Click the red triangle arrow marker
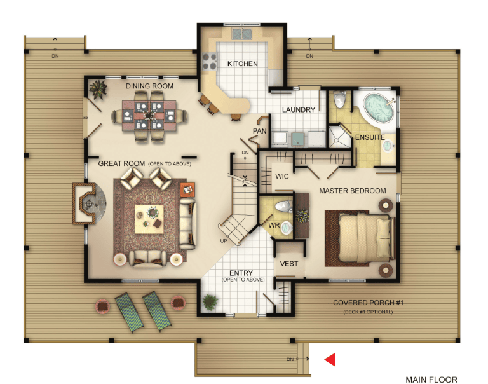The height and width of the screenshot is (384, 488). [331, 359]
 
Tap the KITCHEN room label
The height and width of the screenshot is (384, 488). [243, 64]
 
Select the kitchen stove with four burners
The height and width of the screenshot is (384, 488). [210, 62]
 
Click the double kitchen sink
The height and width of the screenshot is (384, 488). [242, 34]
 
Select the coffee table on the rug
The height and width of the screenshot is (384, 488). [149, 219]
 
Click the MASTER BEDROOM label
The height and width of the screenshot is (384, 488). [352, 191]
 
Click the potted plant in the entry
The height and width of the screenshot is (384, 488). [210, 302]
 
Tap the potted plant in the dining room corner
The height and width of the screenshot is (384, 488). [98, 90]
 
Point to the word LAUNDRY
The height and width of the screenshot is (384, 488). [299, 109]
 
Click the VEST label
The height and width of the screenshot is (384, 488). [289, 264]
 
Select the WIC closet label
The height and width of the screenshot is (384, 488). [281, 176]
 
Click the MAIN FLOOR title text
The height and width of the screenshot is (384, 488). [431, 380]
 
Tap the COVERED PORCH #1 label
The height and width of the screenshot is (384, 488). [368, 303]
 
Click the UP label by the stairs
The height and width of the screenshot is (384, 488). [224, 241]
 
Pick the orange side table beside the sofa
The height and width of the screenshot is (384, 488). [187, 189]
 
